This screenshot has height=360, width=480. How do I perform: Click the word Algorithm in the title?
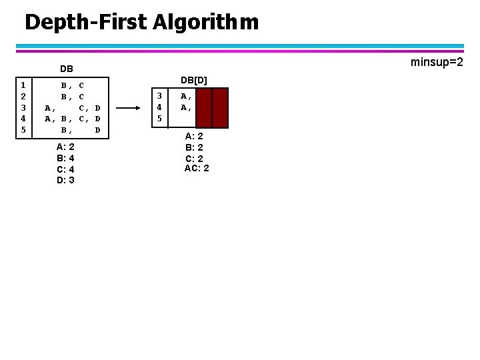coord(205,23)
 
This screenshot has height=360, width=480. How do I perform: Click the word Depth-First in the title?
coord(86,23)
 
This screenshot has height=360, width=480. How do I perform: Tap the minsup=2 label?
coord(437,62)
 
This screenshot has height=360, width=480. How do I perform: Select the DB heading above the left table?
coord(67,69)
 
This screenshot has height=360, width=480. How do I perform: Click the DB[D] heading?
coord(194,80)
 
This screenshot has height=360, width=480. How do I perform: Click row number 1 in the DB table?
coord(23,85)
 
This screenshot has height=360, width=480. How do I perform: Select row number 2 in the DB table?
coord(23,96)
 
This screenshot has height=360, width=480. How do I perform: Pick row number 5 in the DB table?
coord(23,129)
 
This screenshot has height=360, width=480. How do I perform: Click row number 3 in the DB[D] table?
coord(159,95)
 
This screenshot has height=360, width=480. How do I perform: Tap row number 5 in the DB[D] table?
coord(159,118)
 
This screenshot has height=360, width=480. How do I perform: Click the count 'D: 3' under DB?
coord(65,180)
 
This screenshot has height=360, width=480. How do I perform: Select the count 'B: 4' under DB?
coord(65,158)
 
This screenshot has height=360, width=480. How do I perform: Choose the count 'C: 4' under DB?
coord(65,169)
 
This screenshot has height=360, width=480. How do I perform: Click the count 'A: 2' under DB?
coord(65,147)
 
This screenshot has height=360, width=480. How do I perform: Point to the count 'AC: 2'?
coord(197,168)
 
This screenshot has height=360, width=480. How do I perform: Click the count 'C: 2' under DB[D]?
coord(194,158)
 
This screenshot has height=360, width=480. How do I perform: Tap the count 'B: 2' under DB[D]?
coord(194,147)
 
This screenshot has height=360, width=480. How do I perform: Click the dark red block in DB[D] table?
coord(212,107)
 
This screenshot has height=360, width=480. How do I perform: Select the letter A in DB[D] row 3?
coord(184,95)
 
